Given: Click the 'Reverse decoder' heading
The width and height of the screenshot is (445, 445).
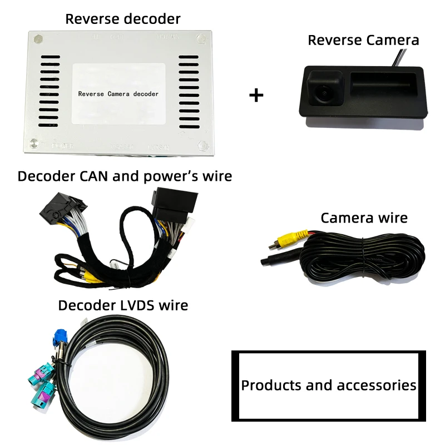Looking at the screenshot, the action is pyautogui.click(x=123, y=18).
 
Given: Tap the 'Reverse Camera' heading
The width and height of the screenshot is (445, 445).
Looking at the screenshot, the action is pyautogui.click(x=363, y=40).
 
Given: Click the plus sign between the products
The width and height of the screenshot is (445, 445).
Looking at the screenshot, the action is pyautogui.click(x=256, y=95).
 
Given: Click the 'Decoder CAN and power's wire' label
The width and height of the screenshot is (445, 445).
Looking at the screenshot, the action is pyautogui.click(x=125, y=176).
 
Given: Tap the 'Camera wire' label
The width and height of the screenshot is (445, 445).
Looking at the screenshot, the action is pyautogui.click(x=364, y=217).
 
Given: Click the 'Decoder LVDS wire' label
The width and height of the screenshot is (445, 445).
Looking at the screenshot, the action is pyautogui.click(x=123, y=305).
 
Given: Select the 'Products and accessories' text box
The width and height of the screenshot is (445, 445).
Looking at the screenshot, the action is pyautogui.click(x=328, y=385).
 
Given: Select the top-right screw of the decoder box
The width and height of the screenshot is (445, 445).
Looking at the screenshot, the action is pyautogui.click(x=200, y=39).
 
